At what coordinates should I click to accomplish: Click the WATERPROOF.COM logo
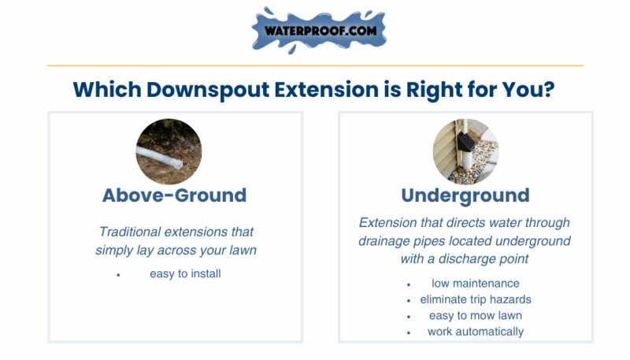319,31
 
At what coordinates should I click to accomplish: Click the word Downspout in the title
208,90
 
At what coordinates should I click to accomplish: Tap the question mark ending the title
548,89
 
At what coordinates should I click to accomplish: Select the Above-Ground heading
174,195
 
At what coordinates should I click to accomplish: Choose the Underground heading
465,196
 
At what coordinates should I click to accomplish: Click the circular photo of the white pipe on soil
169,151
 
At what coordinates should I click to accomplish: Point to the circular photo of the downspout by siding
465,151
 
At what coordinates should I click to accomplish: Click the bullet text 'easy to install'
185,273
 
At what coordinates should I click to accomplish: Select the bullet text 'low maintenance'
476,284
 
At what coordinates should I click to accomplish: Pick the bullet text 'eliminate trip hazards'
476,299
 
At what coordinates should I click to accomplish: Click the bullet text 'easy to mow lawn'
476,315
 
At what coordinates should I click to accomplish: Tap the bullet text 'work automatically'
476,332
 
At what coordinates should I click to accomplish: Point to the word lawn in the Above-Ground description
243,250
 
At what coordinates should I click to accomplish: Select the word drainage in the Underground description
382,241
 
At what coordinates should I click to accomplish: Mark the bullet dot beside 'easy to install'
118,275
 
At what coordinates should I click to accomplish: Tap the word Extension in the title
326,89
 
